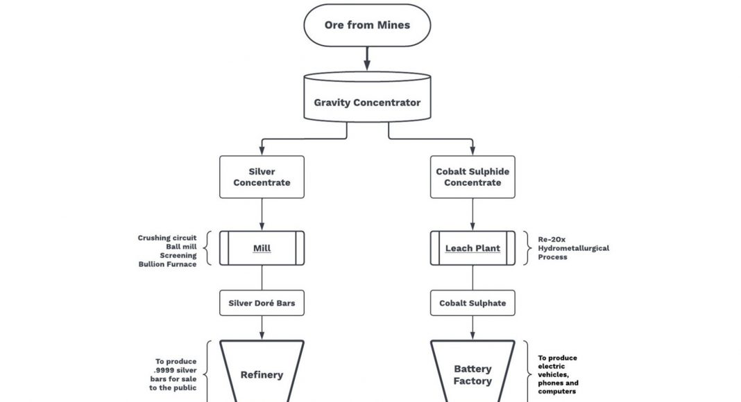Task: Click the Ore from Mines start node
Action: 367,26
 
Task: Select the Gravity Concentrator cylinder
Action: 367,103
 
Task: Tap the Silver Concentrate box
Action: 262,177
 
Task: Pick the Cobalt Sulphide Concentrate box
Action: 473,177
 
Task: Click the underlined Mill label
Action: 262,248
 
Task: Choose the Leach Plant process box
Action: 473,248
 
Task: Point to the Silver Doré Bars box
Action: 262,303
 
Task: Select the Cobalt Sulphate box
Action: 473,303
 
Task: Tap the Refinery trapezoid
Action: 262,374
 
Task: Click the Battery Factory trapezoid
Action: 473,374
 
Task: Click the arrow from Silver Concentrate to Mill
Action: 262,214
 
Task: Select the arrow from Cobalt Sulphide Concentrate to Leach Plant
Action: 473,214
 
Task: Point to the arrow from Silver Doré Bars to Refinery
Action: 262,327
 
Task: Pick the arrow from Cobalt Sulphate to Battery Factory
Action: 473,327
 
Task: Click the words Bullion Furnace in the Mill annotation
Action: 167,265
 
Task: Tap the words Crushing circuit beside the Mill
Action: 167,238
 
